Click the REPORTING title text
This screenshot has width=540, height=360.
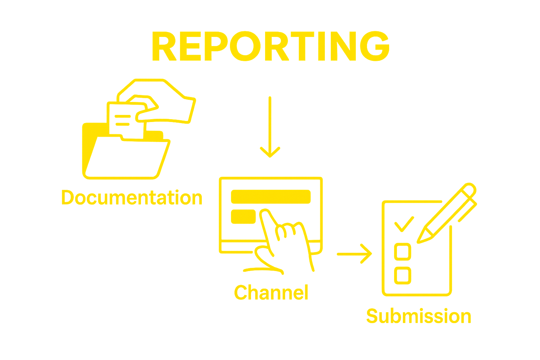[x=271, y=46]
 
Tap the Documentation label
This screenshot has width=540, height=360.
[x=132, y=198]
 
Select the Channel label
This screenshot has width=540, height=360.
[x=271, y=292]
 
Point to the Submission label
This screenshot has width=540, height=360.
[x=418, y=316]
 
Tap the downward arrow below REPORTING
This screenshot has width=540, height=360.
[x=270, y=127]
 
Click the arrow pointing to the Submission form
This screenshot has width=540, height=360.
[x=352, y=251]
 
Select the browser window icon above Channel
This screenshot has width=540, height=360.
[x=271, y=214]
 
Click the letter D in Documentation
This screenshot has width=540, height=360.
[x=68, y=198]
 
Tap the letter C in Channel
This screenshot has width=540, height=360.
[x=241, y=292]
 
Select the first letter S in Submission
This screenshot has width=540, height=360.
[x=373, y=316]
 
